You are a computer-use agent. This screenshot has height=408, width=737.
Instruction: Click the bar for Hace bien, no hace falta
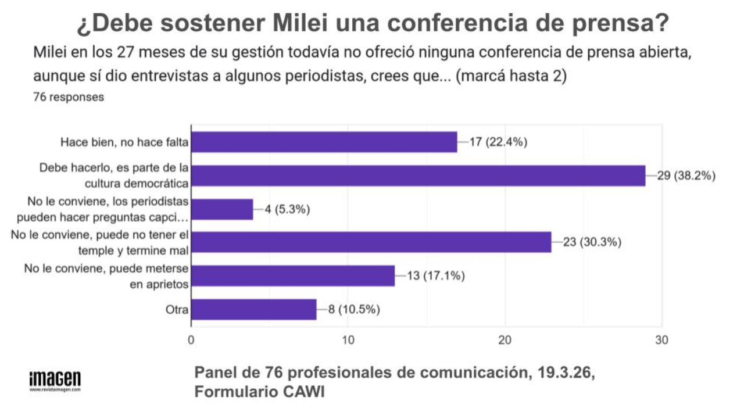tap(324, 142)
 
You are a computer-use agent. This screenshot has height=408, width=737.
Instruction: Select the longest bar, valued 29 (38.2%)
tap(418, 176)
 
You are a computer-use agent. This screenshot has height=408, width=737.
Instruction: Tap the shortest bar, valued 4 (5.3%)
tap(222, 209)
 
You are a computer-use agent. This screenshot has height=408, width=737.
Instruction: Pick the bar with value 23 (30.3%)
tap(371, 242)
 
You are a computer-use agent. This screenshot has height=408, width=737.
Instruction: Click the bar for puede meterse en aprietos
tap(293, 275)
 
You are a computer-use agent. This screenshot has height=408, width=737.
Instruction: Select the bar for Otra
tap(253, 309)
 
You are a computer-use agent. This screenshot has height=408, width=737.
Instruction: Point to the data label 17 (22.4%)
tap(498, 142)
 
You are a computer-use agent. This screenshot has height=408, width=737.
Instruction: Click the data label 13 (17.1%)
tap(436, 275)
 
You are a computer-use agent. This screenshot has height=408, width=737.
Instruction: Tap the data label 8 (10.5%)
tap(354, 309)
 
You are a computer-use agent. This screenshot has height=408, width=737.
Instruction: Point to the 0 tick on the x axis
tap(191, 340)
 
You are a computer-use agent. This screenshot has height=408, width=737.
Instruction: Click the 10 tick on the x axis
tap(348, 340)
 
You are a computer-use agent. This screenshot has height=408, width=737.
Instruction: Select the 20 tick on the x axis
tap(505, 340)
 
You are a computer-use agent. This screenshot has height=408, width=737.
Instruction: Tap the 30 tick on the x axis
tap(661, 340)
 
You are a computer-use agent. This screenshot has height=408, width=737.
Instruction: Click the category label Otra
tap(177, 310)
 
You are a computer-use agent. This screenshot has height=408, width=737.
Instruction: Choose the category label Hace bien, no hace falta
tap(124, 142)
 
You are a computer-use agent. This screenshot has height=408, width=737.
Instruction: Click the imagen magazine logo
tap(55, 381)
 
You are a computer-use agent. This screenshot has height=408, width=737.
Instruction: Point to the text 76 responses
tap(69, 97)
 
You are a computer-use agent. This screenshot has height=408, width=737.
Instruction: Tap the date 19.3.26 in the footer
tap(566, 373)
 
